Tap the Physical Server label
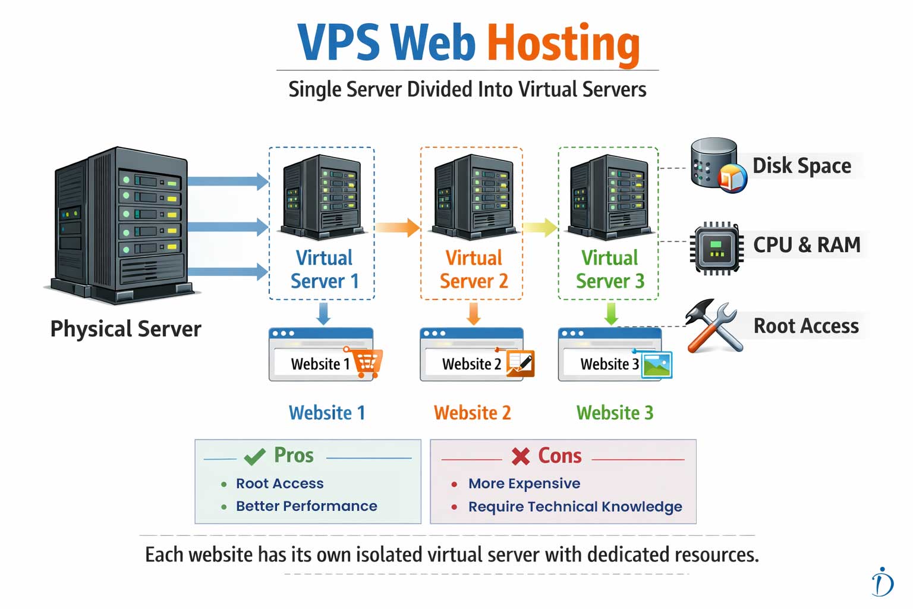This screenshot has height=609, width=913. pyautogui.click(x=125, y=329)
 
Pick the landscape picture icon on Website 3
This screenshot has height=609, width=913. pyautogui.click(x=657, y=365)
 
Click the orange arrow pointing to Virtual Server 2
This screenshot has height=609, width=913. pyautogui.click(x=398, y=227)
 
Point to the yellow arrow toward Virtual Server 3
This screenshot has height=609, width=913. pyautogui.click(x=540, y=227)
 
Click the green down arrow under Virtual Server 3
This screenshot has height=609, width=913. pyautogui.click(x=611, y=313)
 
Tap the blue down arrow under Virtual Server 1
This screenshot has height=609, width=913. pyautogui.click(x=323, y=313)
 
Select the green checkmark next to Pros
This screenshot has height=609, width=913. pyautogui.click(x=254, y=457)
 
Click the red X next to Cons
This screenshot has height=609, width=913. pyautogui.click(x=521, y=456)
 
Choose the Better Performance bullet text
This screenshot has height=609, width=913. pyautogui.click(x=306, y=506)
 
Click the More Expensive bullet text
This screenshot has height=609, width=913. pyautogui.click(x=524, y=484)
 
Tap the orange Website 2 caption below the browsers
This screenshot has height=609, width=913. pyautogui.click(x=472, y=413)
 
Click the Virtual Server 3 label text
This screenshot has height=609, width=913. pyautogui.click(x=610, y=269)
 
